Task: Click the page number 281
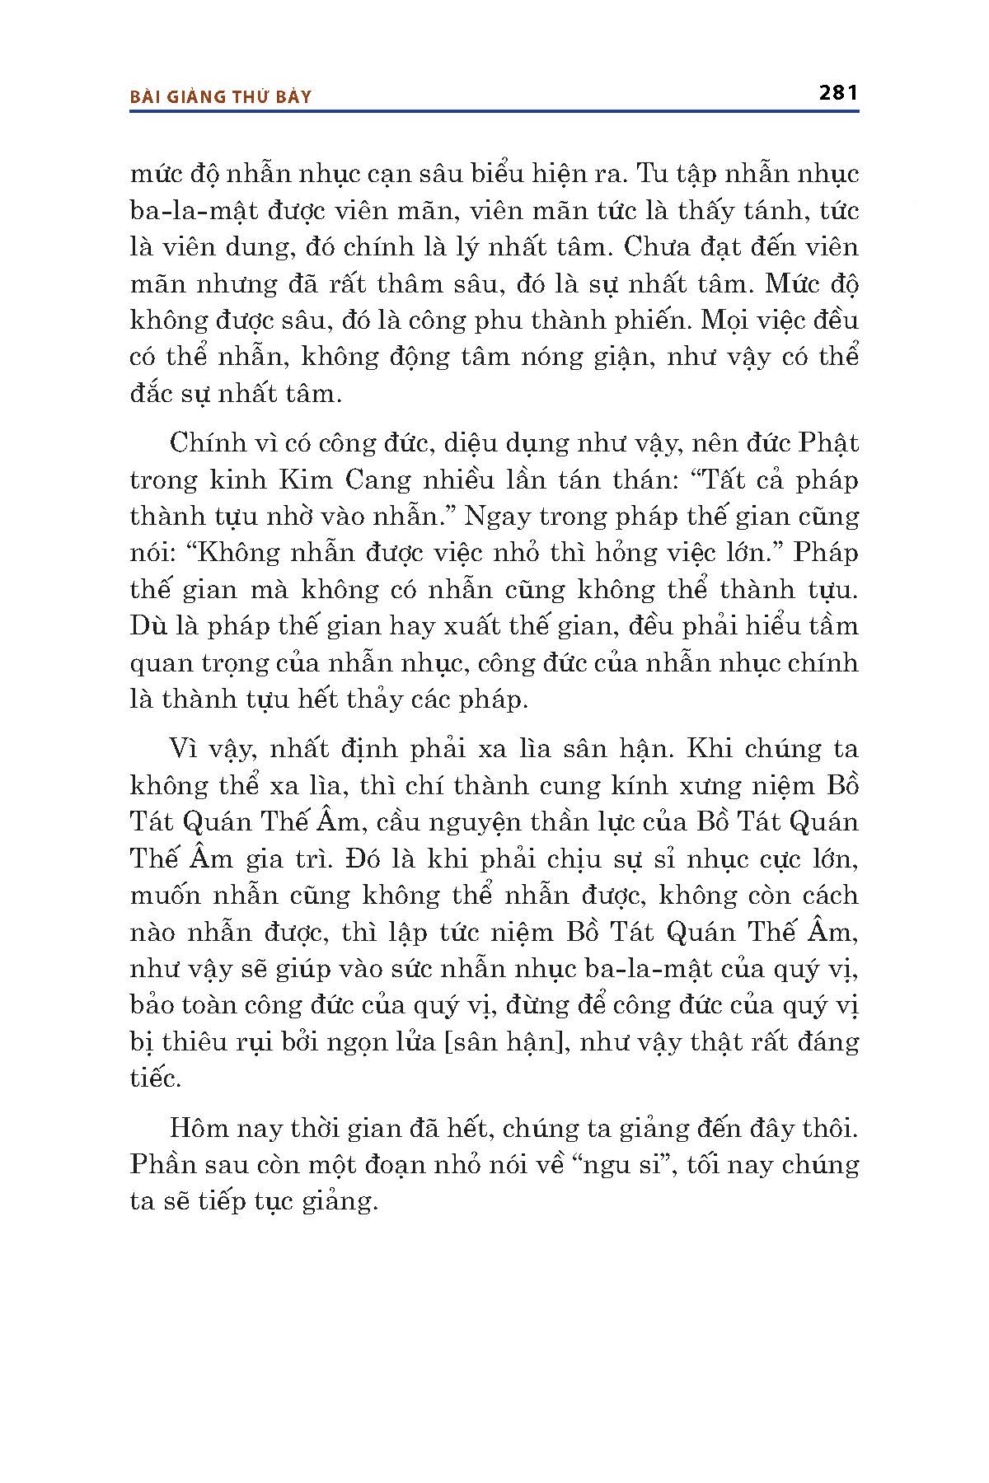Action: coord(839,92)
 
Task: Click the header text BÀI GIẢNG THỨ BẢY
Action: coord(222,97)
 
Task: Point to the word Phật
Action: coord(828,442)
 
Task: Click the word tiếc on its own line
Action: coord(154,1078)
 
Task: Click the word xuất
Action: coord(475,625)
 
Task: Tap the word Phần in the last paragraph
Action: coord(165,1164)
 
